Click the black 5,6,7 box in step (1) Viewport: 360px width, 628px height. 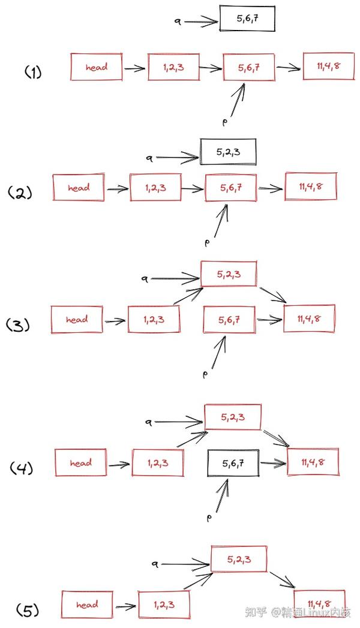[x=247, y=19]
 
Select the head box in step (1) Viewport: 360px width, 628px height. [x=96, y=67]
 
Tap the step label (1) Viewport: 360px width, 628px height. [x=33, y=73]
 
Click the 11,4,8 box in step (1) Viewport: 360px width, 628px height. [x=328, y=66]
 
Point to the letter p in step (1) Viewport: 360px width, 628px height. [x=224, y=121]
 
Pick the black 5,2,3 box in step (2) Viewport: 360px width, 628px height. [x=228, y=152]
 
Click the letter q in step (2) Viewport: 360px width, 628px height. [x=149, y=158]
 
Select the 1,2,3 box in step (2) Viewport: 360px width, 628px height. [x=155, y=187]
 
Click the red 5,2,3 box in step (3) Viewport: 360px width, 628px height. [x=228, y=274]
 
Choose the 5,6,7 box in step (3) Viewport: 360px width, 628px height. [x=229, y=320]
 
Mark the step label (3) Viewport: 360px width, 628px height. [x=18, y=325]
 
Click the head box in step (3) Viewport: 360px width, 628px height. [x=76, y=320]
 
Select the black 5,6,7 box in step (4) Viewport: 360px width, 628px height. [x=233, y=463]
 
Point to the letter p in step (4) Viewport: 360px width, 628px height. [x=209, y=518]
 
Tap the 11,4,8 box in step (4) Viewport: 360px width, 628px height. [x=313, y=462]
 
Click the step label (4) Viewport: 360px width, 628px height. [x=22, y=468]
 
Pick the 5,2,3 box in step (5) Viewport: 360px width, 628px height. [x=239, y=559]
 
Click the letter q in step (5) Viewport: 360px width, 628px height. [x=155, y=564]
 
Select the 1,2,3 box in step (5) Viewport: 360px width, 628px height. [x=164, y=605]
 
